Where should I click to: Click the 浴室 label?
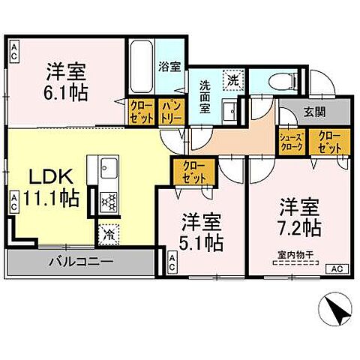point(169,67)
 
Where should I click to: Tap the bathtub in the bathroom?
point(140,57)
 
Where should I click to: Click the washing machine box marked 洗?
point(234,79)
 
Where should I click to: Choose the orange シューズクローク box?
point(290,142)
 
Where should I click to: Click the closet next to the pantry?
point(140,112)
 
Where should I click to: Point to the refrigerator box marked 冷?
point(109,234)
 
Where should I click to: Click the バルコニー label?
point(81,262)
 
